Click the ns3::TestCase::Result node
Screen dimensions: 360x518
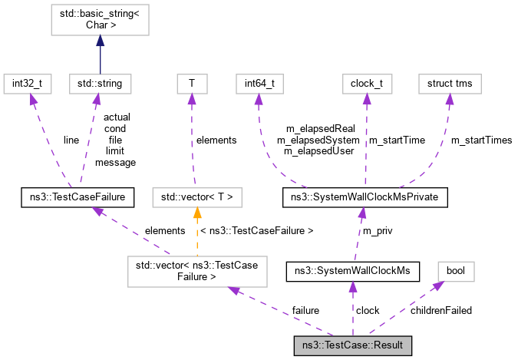353,345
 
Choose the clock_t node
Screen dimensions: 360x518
366,81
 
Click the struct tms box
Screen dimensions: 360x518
449,81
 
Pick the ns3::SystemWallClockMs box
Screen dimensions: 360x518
352,271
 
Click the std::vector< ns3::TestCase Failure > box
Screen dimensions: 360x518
199,270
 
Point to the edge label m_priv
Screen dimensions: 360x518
378,231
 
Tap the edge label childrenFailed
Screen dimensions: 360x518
441,310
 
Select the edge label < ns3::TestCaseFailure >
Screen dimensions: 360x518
256,230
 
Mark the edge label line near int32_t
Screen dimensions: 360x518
71,140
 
